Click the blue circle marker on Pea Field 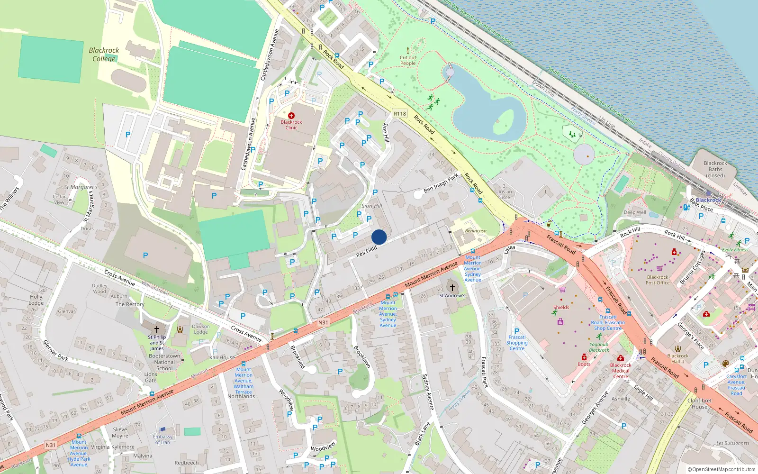(379, 237)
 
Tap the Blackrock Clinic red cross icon (291, 116)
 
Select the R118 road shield (400, 114)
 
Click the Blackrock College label (104, 55)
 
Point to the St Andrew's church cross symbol (452, 288)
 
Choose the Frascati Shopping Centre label (517, 343)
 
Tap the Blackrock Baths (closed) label (715, 169)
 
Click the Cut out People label (408, 61)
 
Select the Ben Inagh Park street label (441, 183)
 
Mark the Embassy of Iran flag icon (162, 430)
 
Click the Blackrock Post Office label (658, 280)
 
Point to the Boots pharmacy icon (584, 357)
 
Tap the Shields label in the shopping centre (561, 307)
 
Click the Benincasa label (476, 231)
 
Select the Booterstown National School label (164, 362)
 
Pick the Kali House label (222, 357)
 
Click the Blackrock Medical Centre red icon (621, 358)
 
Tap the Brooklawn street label (362, 357)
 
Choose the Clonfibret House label (699, 403)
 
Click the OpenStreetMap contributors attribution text (722, 470)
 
